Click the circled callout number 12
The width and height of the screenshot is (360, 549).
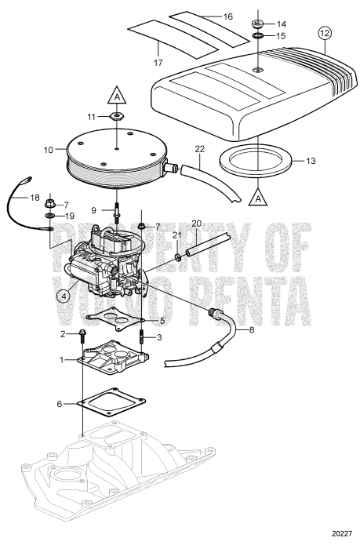tap(325, 33)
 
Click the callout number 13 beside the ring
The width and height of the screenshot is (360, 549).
tap(310, 161)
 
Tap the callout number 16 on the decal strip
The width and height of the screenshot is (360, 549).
tap(227, 15)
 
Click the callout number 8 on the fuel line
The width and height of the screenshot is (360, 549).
tap(231, 330)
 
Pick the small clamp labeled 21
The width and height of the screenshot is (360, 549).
tap(179, 256)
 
